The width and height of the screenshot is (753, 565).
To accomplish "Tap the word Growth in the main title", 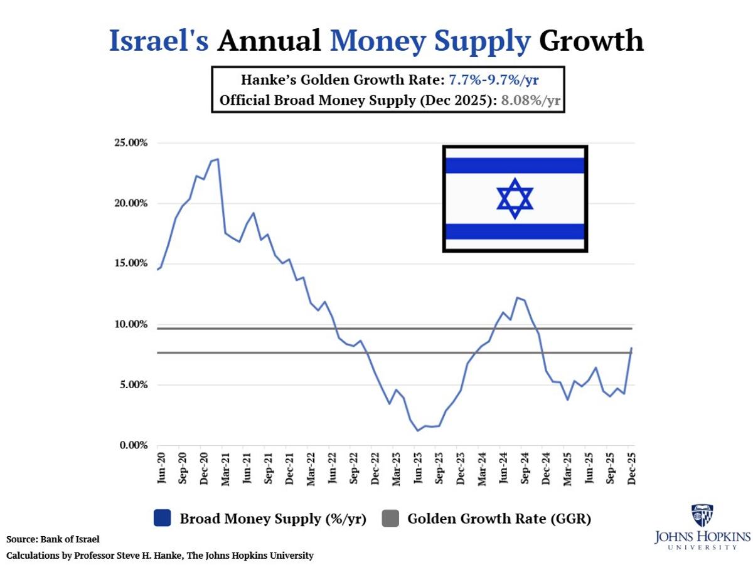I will [591, 41].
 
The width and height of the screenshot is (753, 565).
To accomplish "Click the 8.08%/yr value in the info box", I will [530, 100].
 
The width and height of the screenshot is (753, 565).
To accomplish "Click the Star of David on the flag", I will [515, 198].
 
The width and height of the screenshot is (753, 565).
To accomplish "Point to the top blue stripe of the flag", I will [515, 166].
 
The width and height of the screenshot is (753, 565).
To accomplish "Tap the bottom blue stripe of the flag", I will [515, 231].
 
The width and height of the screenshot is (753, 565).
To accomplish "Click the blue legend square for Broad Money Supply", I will [161, 519].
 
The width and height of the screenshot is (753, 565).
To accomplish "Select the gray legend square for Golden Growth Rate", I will [390, 519].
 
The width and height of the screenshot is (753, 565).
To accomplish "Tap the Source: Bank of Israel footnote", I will [53, 539].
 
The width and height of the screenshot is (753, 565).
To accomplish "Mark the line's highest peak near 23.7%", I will [217, 159].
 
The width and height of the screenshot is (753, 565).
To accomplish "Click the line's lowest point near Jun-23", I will [417, 431].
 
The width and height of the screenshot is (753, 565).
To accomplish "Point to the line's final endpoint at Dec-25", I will [631, 348].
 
